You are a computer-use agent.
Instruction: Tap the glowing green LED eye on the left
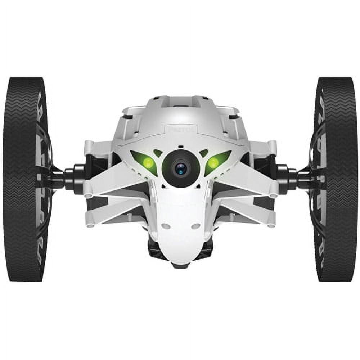148,162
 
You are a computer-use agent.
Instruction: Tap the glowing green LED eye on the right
213,162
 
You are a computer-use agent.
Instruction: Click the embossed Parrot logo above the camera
180,129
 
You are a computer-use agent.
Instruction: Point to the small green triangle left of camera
157,153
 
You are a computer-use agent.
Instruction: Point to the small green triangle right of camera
204,153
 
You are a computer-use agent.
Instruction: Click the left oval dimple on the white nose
166,226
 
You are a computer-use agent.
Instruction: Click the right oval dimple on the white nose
196,226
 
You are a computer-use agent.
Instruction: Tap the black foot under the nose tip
180,266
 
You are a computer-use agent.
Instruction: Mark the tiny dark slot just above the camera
180,147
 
